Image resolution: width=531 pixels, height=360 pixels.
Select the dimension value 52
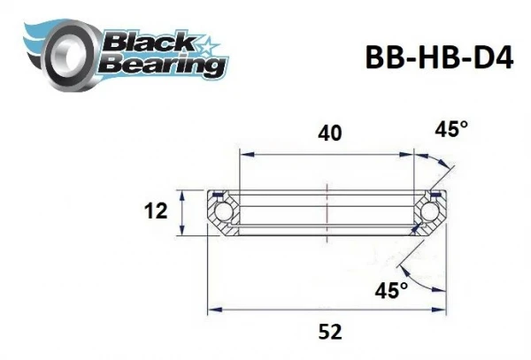click(x=328, y=332)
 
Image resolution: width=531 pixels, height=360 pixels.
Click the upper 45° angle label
click(x=451, y=130)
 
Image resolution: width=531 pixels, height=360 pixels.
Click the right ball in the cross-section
click(x=431, y=213)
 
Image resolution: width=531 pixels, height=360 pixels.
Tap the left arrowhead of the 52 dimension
click(x=213, y=310)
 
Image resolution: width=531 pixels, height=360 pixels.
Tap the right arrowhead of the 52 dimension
click(x=442, y=310)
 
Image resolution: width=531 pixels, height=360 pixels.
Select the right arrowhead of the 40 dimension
click(x=412, y=152)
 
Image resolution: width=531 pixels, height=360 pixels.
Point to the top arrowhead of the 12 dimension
click(x=181, y=194)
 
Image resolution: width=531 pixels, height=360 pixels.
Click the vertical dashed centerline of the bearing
click(x=327, y=212)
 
